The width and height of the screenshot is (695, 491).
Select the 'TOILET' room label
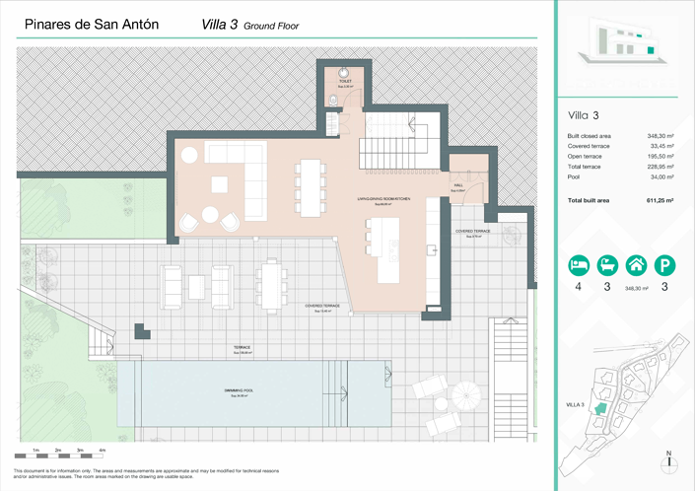click(344, 83)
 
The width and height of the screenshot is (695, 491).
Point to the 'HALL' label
click(458, 184)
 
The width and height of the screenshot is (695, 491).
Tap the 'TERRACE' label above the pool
click(242, 348)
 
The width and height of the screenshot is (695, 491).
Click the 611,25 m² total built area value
click(660, 200)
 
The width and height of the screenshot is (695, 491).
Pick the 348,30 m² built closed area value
click(660, 136)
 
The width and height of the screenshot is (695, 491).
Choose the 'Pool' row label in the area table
click(575, 176)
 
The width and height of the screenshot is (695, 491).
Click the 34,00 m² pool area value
click(660, 176)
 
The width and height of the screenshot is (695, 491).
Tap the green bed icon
click(580, 264)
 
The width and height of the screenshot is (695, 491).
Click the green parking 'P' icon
click(666, 264)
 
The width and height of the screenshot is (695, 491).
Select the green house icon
click(637, 264)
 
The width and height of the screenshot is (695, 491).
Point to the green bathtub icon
click(608, 264)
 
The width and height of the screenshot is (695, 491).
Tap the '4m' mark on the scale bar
click(103, 450)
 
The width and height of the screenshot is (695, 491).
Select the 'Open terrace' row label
click(589, 156)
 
